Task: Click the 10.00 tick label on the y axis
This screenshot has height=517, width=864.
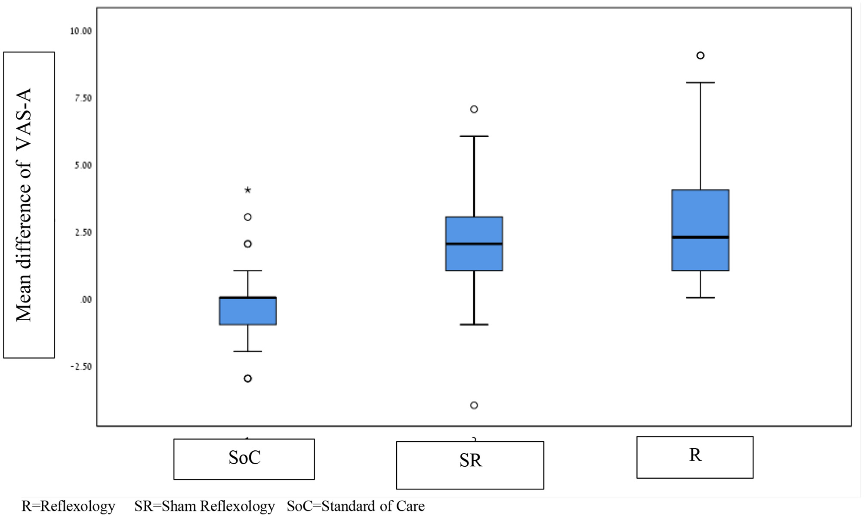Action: [x=81, y=31]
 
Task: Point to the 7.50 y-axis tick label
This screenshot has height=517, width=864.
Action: [x=83, y=98]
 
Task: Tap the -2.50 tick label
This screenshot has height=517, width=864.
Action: [x=81, y=367]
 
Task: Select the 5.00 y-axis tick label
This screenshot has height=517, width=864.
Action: [x=83, y=166]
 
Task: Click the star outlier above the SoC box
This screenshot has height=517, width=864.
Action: [x=248, y=190]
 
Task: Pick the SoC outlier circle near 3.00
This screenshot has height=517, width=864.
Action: [x=248, y=217]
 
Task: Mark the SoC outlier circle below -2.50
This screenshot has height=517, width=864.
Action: [x=248, y=379]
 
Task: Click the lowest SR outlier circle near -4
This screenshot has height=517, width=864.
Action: [x=474, y=405]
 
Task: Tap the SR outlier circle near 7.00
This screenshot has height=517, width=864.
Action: [x=474, y=109]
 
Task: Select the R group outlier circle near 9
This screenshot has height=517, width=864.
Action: [x=700, y=55]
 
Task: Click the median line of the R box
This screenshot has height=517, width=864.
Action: [x=700, y=237]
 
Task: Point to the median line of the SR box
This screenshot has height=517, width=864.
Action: [x=474, y=244]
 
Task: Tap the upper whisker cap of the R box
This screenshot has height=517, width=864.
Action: [x=700, y=82]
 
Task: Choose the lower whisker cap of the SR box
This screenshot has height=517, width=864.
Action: [x=474, y=324]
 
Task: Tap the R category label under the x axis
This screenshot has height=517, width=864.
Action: [x=694, y=455]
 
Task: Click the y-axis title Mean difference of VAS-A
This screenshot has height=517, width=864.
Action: [x=24, y=205]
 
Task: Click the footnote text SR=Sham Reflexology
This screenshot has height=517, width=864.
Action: [x=204, y=506]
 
